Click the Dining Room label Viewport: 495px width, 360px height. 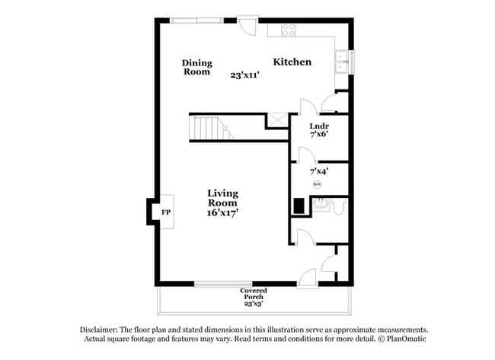pyautogui.click(x=196, y=67)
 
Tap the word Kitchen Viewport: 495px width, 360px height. pyautogui.click(x=292, y=62)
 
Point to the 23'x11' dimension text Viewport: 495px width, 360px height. pyautogui.click(x=246, y=75)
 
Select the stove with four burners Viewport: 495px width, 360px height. pyautogui.click(x=289, y=30)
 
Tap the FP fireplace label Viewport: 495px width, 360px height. pyautogui.click(x=165, y=212)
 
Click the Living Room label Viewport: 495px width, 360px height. pyautogui.click(x=222, y=199)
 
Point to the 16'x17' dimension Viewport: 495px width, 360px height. pyautogui.click(x=223, y=214)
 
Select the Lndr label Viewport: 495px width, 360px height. pyautogui.click(x=319, y=126)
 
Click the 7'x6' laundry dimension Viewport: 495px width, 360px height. pyautogui.click(x=319, y=135)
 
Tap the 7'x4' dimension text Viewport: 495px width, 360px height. pyautogui.click(x=319, y=172)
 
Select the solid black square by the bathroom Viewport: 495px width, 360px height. pyautogui.click(x=299, y=205)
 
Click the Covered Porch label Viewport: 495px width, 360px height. pyautogui.click(x=254, y=293)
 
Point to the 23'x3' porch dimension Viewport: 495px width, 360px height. pyautogui.click(x=254, y=304)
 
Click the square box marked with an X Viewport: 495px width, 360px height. pyautogui.click(x=276, y=120)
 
